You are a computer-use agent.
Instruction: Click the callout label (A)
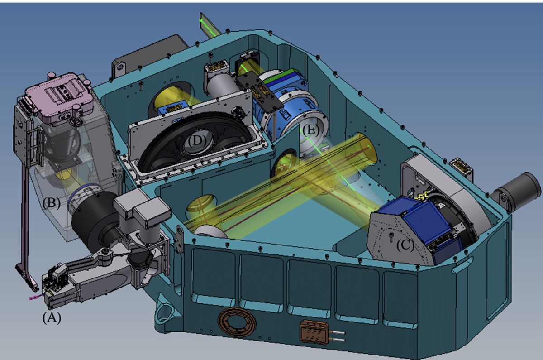pyautogui.click(x=52, y=317)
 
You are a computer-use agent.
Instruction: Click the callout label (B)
pyautogui.click(x=51, y=203)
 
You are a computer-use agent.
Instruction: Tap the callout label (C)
pyautogui.click(x=405, y=245)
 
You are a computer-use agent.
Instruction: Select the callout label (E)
pyautogui.click(x=311, y=130)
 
